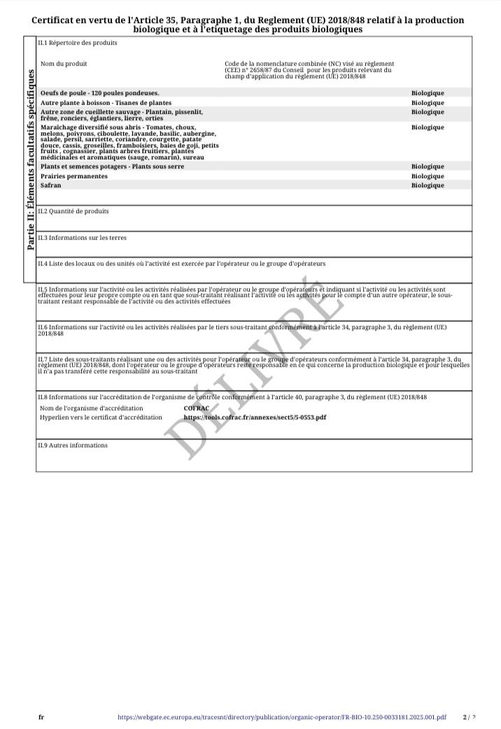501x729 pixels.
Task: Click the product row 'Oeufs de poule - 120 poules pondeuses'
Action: (100, 93)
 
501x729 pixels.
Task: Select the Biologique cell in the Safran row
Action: (428, 185)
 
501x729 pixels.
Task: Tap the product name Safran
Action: (51, 185)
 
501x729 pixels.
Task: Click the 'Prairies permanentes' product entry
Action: (74, 176)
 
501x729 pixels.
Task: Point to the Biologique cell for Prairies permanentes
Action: (428, 176)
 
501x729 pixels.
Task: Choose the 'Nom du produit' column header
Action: (64, 64)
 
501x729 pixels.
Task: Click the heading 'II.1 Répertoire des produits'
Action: (77, 43)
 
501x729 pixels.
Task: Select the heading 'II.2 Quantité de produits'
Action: (73, 211)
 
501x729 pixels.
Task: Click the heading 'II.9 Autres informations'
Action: (73, 445)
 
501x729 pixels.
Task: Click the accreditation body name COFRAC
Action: (197, 408)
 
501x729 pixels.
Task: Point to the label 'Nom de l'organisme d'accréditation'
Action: (92, 408)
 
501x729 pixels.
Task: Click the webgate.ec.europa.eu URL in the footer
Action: (281, 716)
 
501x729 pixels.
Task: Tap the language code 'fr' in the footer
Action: (41, 716)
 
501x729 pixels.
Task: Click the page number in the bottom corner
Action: (469, 716)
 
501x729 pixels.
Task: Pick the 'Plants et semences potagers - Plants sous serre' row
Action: (113, 166)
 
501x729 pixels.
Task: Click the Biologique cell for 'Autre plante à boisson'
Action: (428, 103)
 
